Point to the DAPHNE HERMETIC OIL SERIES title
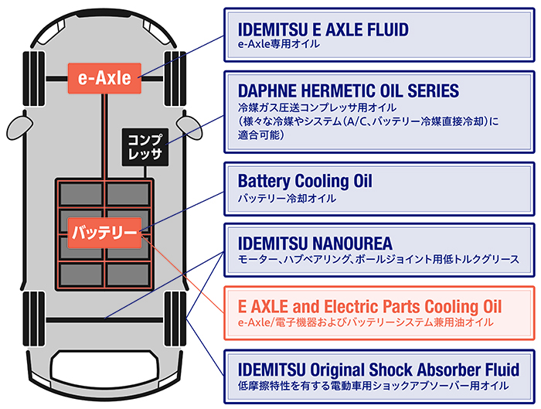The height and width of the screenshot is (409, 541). point(348,90)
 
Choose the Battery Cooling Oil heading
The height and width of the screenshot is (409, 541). point(305,182)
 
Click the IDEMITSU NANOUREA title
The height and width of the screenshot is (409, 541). point(315,242)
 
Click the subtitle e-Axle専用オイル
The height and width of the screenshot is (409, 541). point(279,45)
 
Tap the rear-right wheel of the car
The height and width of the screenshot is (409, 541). point(175,319)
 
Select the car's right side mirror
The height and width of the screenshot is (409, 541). point(189,124)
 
